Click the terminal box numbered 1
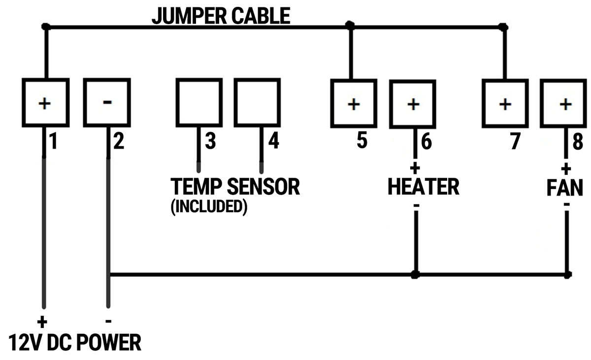(x=44, y=102)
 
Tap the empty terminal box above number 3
(x=198, y=102)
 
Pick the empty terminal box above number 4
(x=256, y=102)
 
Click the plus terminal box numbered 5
(x=352, y=104)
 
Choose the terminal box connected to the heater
(x=414, y=104)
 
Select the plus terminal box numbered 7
(x=504, y=104)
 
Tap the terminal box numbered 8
(x=565, y=104)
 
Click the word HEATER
(x=424, y=187)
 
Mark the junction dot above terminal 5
(x=350, y=25)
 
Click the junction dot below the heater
(x=416, y=274)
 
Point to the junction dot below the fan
(x=567, y=274)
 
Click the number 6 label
(x=427, y=142)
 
